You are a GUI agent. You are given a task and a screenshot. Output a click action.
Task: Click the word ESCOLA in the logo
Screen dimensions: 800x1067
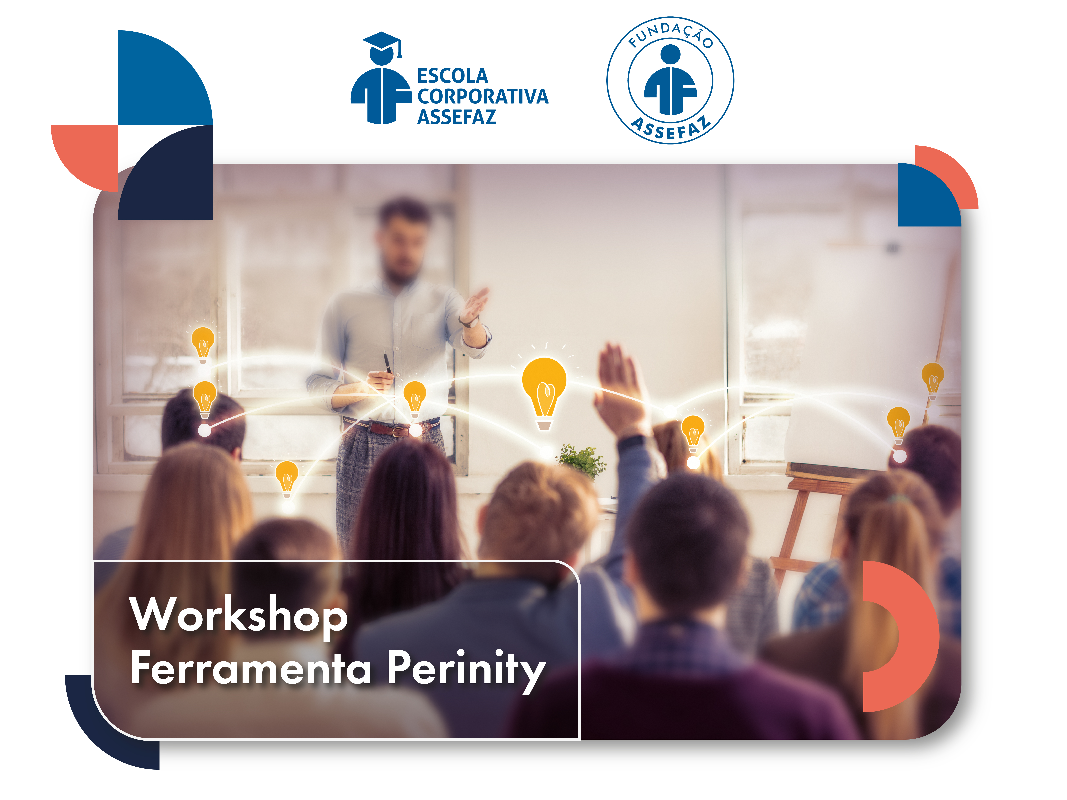tap(452, 76)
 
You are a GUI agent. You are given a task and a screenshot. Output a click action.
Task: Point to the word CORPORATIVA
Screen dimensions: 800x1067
tap(482, 96)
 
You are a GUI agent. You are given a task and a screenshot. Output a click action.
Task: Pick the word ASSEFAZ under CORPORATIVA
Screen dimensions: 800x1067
tap(456, 117)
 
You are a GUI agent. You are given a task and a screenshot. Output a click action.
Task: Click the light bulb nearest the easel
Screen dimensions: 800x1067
tap(898, 422)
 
